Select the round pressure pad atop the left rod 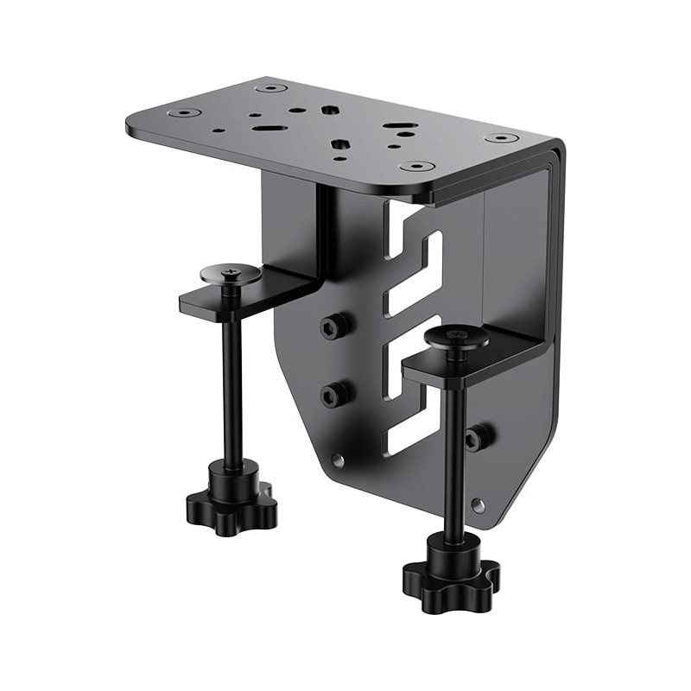231,275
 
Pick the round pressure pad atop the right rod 457,338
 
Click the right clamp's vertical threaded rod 454,449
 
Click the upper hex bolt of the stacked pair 335,326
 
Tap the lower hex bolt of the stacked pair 335,395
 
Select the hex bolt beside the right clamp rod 479,438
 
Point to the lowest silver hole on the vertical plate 478,504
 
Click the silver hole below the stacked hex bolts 338,460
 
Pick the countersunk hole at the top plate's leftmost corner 184,112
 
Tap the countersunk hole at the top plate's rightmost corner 502,138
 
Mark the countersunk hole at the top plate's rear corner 270,88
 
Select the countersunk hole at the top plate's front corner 417,166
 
